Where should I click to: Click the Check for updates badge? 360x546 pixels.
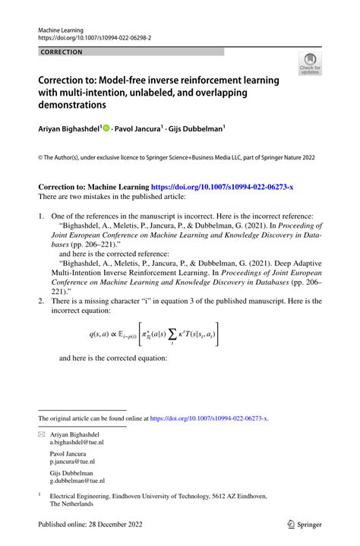click(309, 65)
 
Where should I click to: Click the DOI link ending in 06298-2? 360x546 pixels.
click(93, 36)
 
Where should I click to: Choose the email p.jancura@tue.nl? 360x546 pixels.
click(73, 461)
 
